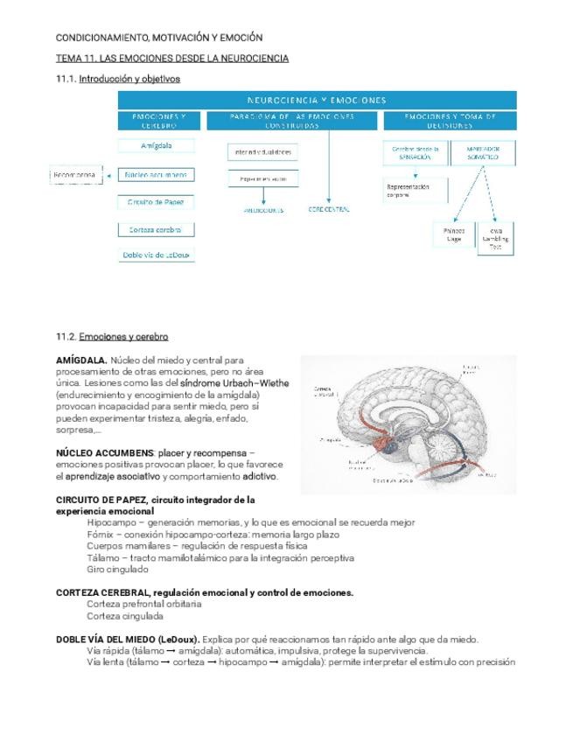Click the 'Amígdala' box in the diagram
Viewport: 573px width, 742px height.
(x=156, y=146)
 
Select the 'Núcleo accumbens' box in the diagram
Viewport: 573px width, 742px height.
(x=156, y=174)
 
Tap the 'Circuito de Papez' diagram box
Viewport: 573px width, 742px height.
(x=156, y=202)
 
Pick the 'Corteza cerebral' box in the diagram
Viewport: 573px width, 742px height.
(x=156, y=229)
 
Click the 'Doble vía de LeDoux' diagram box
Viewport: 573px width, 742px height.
(x=156, y=255)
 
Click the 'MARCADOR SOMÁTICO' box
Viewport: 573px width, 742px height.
(x=483, y=153)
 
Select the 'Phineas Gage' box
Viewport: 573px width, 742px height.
(x=454, y=234)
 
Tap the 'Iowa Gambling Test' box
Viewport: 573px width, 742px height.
(x=496, y=239)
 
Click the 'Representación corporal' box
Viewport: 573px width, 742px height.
(x=415, y=190)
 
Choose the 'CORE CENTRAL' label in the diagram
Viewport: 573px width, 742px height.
(x=329, y=210)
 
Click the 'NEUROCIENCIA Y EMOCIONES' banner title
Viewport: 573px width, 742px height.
(x=316, y=100)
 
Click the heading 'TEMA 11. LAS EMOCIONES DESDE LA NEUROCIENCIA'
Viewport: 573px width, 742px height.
(x=172, y=59)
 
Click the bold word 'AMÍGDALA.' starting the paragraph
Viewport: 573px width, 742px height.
(x=80, y=360)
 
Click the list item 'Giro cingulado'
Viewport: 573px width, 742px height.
(x=117, y=569)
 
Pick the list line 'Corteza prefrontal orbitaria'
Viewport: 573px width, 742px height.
(x=143, y=604)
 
